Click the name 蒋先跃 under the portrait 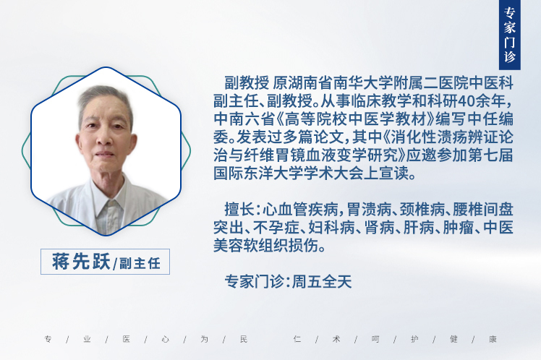point(82,262)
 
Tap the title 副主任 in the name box point(140,263)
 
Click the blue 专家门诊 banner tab point(510,35)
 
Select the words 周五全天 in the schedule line point(322,282)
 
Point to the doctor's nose point(106,138)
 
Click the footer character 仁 point(297,339)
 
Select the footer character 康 point(493,339)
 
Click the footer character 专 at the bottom point(48,339)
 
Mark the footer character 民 point(244,339)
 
